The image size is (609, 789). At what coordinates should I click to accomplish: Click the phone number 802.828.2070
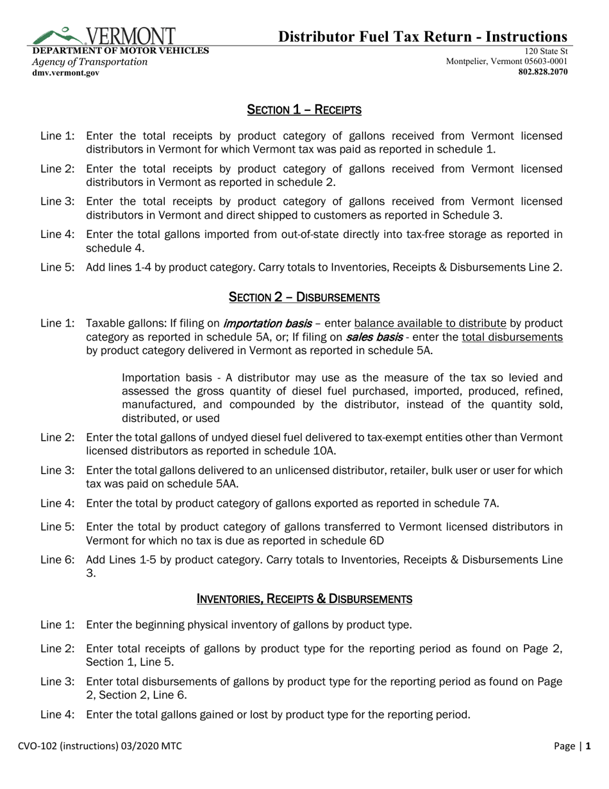click(x=542, y=72)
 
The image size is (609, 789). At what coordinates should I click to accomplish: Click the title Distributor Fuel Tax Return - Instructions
click(x=422, y=37)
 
